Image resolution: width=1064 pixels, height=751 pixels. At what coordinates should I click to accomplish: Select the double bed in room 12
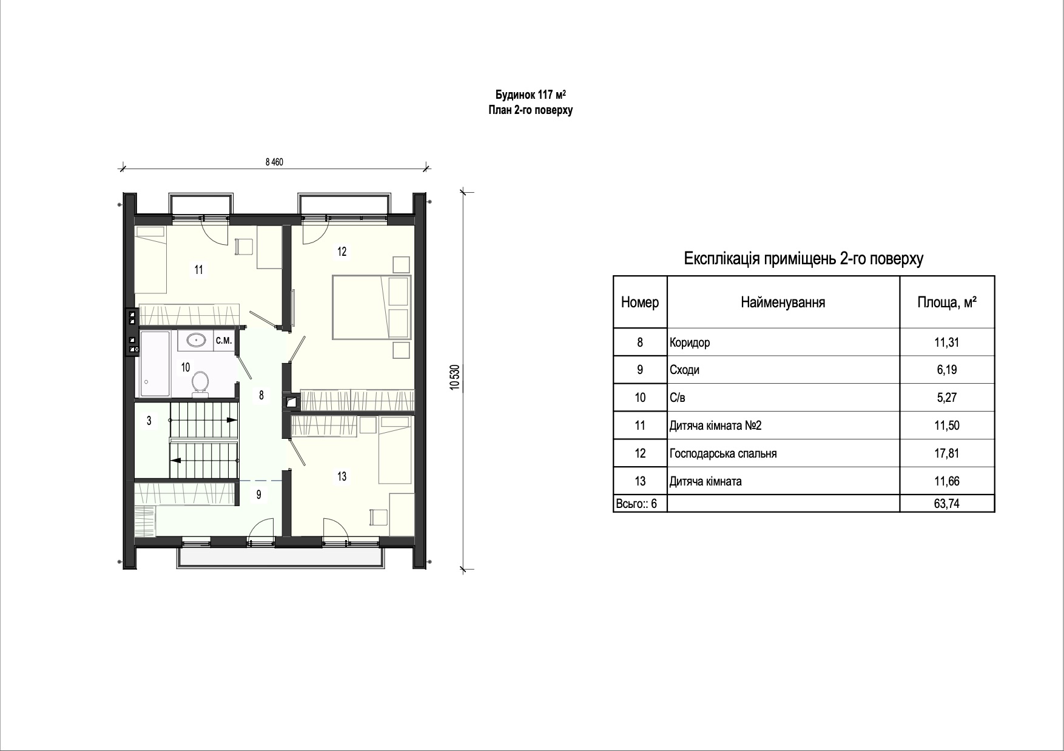tap(372, 307)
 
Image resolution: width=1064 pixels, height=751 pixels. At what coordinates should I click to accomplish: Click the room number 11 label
tap(198, 270)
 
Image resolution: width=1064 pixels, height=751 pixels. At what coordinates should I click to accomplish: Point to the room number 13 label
tap(342, 476)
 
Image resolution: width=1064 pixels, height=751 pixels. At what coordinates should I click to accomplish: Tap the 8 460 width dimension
tap(274, 162)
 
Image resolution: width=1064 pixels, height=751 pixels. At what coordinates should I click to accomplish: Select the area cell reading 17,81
tap(947, 453)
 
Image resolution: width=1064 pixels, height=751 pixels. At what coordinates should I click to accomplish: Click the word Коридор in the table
tap(690, 342)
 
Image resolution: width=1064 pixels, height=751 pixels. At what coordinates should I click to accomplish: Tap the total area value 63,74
tap(947, 503)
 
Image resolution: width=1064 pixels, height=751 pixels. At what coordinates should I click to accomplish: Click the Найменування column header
tap(783, 302)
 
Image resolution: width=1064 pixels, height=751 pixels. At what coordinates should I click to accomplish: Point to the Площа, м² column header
tap(947, 302)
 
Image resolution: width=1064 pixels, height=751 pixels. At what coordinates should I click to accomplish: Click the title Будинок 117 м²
tap(531, 95)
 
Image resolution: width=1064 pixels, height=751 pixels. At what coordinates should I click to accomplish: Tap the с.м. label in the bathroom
tap(224, 341)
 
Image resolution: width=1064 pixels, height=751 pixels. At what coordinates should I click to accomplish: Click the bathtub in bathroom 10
tap(156, 364)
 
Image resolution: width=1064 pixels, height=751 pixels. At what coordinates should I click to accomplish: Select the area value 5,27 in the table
tap(947, 398)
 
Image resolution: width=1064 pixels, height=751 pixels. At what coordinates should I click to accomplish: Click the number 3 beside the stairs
tap(149, 420)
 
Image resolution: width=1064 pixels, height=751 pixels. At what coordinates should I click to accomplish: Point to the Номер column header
tap(640, 302)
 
